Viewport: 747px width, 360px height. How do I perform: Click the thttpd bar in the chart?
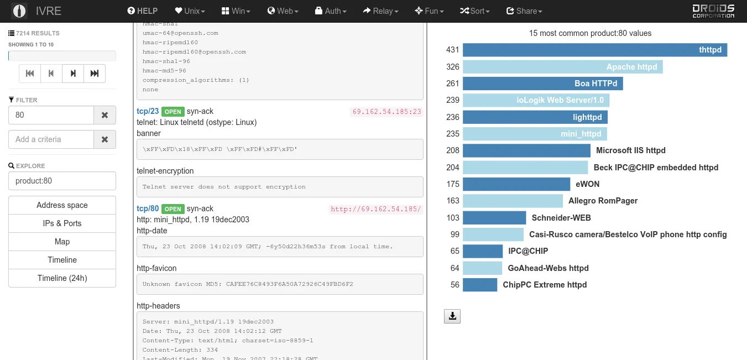coord(594,50)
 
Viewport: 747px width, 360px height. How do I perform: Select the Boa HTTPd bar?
coord(542,84)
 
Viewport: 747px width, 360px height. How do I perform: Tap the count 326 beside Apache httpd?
coord(452,67)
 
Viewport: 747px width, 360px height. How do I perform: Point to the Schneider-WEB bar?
coord(494,218)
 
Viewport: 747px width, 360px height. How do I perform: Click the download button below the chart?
coord(452,316)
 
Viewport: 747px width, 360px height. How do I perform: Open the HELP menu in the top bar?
coord(142,11)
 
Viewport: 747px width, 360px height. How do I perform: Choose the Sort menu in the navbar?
coord(475,11)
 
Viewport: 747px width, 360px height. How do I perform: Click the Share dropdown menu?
coord(524,11)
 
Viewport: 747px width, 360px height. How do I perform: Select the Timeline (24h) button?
coord(62,278)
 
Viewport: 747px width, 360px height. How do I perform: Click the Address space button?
coord(62,205)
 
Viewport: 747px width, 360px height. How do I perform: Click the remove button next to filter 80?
coord(105,116)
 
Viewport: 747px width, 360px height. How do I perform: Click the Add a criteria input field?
coord(51,139)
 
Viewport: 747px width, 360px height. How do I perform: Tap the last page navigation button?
coord(95,74)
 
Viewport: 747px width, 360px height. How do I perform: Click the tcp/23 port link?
coord(148,112)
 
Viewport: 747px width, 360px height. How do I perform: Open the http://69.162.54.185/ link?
coord(375,209)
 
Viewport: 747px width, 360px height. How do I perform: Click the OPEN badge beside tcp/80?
coord(173,209)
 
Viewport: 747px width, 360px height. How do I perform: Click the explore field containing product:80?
coord(62,181)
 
